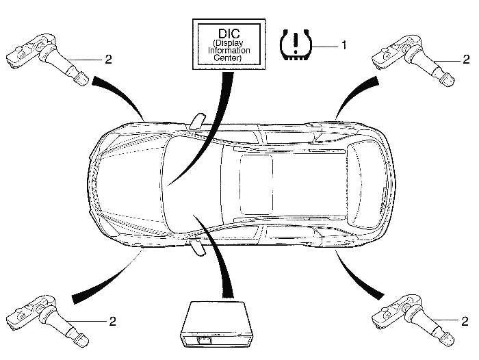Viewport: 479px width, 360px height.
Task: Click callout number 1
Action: tap(344, 45)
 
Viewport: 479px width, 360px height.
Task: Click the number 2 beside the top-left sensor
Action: tap(108, 60)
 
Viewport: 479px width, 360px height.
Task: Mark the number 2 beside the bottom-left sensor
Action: tap(112, 320)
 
